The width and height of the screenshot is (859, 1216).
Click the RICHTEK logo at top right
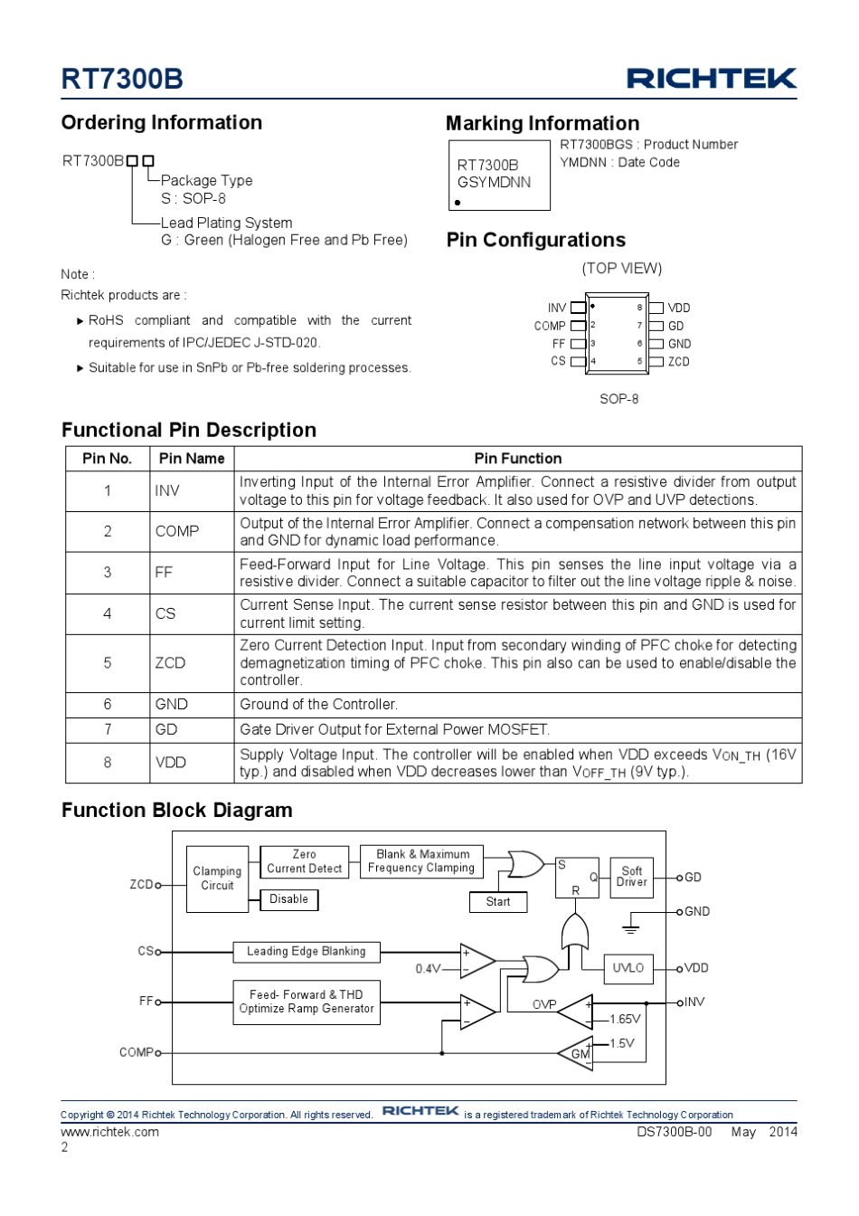711,79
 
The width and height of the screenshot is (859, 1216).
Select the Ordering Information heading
162,123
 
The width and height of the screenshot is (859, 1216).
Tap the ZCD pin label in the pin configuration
678,362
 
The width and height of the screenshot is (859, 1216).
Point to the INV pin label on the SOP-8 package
557,308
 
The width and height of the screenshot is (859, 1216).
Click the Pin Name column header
192,459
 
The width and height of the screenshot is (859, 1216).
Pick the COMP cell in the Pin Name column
177,531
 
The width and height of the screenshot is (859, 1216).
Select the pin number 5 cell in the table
108,663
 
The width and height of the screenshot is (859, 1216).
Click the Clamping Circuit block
217,879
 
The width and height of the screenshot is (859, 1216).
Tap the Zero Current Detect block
305,861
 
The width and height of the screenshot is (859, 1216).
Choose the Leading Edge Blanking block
307,952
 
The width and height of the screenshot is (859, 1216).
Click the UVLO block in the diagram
628,968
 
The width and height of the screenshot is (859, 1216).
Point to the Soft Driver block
632,877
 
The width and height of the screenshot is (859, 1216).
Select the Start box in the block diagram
498,902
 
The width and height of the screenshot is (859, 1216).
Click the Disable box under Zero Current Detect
289,899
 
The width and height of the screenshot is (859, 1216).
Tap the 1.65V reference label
625,1019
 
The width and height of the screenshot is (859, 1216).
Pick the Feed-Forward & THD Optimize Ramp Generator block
307,1002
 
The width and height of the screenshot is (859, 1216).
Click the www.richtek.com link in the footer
109,1132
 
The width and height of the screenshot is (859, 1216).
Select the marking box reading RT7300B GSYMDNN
499,176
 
